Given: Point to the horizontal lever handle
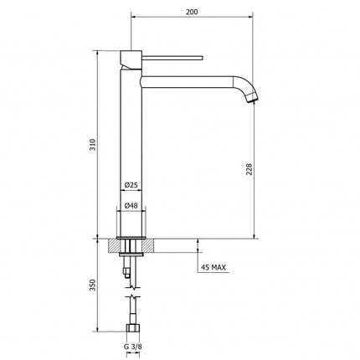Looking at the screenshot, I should click(172, 57).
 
